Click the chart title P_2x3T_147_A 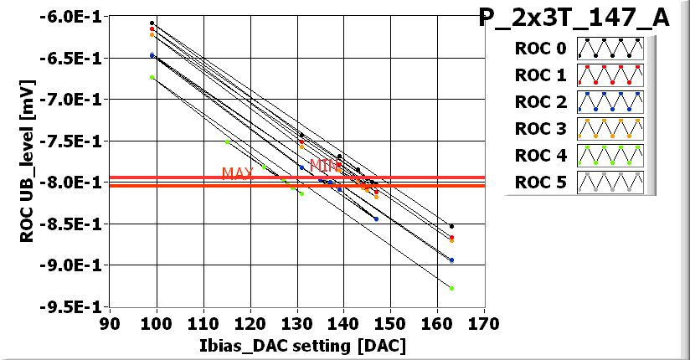click(x=574, y=18)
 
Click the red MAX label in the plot click(x=238, y=173)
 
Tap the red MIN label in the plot click(x=325, y=166)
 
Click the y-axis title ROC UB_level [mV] click(x=28, y=159)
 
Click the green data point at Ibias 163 click(x=451, y=288)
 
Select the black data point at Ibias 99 click(x=152, y=23)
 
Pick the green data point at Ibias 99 click(x=152, y=77)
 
